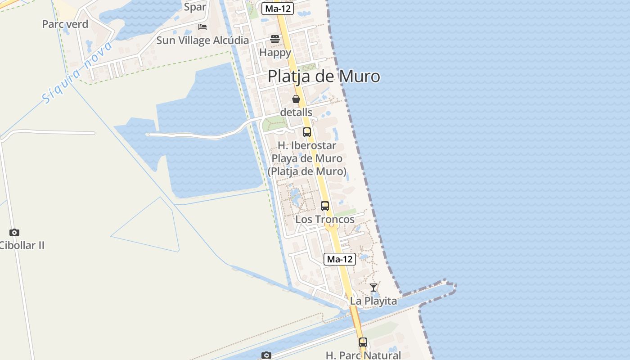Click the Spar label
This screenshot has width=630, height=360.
click(x=195, y=7)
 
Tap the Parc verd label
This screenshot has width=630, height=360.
click(x=65, y=24)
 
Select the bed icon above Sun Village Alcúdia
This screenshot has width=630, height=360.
click(x=202, y=27)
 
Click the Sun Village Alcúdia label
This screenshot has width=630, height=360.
click(x=202, y=40)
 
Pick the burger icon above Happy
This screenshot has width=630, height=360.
click(x=275, y=39)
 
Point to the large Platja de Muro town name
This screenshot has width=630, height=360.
click(x=324, y=76)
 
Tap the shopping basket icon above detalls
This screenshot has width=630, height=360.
click(x=296, y=99)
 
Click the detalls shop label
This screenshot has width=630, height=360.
click(x=296, y=112)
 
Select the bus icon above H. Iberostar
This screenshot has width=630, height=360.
click(x=307, y=132)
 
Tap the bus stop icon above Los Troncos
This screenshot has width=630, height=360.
click(x=325, y=206)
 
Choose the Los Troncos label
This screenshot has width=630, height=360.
click(x=325, y=220)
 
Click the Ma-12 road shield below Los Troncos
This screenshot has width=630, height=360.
click(x=340, y=259)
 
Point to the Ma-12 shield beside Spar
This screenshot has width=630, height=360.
click(x=278, y=8)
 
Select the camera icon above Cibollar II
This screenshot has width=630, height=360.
click(x=14, y=232)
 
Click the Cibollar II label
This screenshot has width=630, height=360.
click(x=22, y=246)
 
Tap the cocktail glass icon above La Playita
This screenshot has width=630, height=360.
click(x=373, y=287)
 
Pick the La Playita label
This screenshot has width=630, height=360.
click(x=373, y=301)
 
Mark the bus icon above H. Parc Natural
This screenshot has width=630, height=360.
click(x=363, y=342)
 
